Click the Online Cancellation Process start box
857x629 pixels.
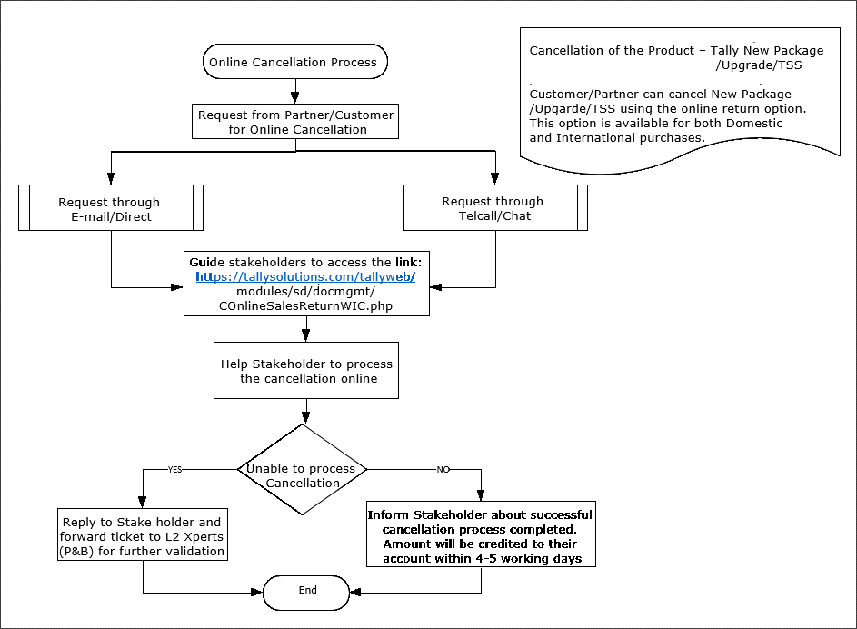click(295, 62)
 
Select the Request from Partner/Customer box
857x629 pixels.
click(295, 121)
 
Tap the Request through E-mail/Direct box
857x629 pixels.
click(111, 207)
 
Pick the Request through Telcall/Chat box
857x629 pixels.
click(495, 207)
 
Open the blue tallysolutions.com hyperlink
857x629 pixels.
click(305, 277)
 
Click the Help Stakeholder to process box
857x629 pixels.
click(306, 371)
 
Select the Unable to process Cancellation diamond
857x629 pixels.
click(303, 469)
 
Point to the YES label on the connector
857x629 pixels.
click(174, 469)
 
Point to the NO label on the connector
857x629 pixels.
click(443, 469)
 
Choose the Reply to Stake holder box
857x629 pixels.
click(143, 535)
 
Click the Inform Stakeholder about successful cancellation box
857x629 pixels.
click(481, 534)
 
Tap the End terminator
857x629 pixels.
click(306, 593)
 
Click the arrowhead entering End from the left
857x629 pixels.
click(257, 593)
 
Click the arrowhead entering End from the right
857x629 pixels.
click(356, 593)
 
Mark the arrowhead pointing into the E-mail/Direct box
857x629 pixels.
click(111, 178)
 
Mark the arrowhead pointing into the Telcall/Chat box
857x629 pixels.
click(495, 178)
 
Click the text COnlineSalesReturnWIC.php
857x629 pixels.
click(305, 306)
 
